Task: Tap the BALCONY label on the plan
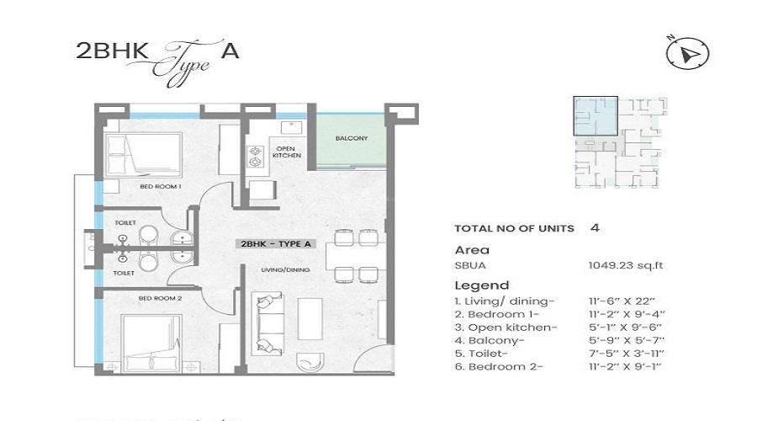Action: pos(349,137)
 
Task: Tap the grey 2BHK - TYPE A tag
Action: pos(276,244)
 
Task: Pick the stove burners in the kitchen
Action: pos(255,157)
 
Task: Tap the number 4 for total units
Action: pos(595,227)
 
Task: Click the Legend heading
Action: pos(481,285)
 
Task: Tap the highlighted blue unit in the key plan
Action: pos(595,116)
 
